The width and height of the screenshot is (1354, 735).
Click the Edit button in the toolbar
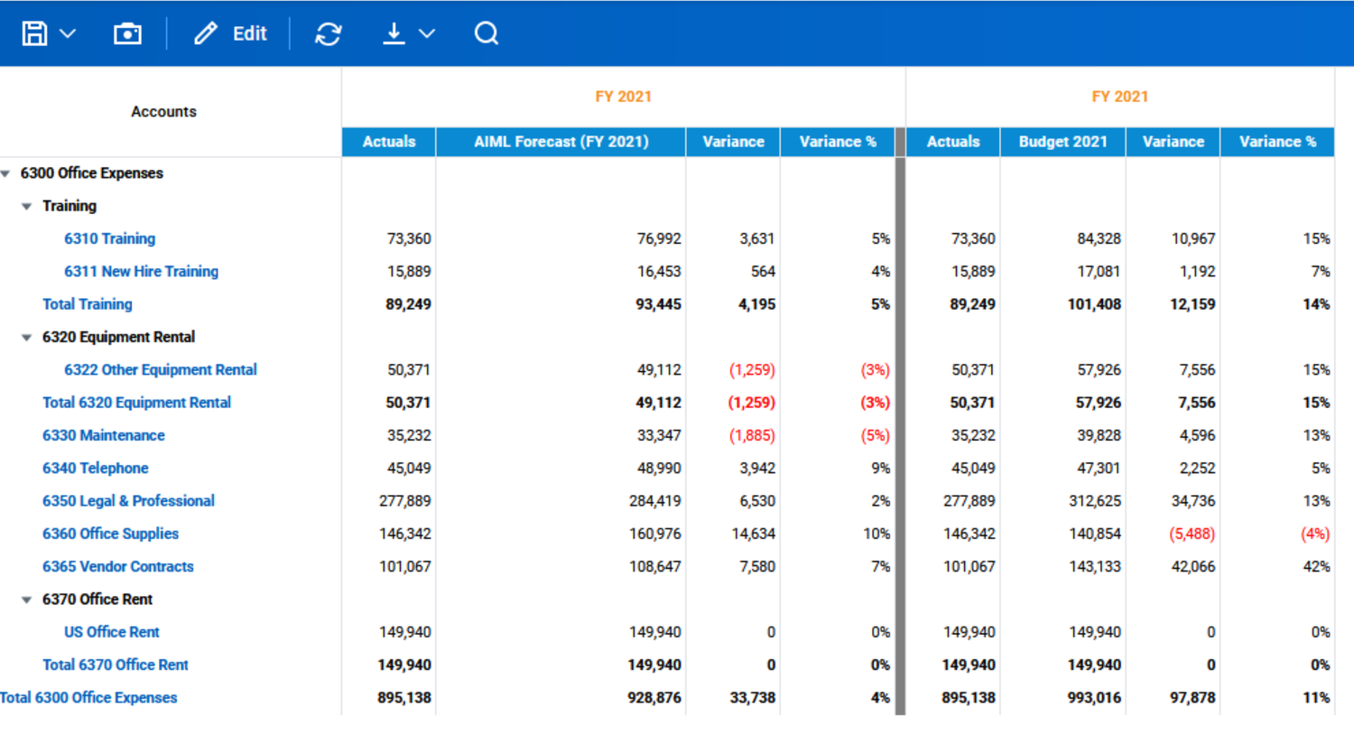click(x=231, y=33)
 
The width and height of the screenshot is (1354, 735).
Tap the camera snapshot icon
click(x=127, y=33)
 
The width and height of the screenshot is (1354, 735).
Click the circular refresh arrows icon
click(x=329, y=33)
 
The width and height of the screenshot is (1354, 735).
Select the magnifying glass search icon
click(x=486, y=33)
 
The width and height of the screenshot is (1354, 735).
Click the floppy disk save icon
click(x=34, y=33)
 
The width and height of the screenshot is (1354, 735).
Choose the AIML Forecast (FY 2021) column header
click(x=561, y=142)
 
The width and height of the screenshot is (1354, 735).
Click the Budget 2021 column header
click(x=1062, y=142)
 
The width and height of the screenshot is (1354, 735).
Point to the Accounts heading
click(x=163, y=112)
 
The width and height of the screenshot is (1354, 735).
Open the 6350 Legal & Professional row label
click(x=128, y=501)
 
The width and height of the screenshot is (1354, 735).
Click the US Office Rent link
click(x=112, y=632)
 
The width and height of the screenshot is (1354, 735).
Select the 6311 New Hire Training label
click(x=141, y=272)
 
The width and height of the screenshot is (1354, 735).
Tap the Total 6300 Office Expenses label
click(x=88, y=698)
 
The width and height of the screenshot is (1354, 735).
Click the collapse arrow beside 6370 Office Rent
click(x=27, y=600)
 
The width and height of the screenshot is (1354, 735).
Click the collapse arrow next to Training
click(x=27, y=207)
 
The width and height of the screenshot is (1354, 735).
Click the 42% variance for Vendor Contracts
click(x=1316, y=567)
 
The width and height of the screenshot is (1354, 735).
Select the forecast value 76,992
click(x=659, y=239)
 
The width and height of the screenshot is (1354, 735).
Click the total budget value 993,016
click(x=1094, y=698)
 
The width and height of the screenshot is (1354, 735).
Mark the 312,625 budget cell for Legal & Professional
click(x=1095, y=501)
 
